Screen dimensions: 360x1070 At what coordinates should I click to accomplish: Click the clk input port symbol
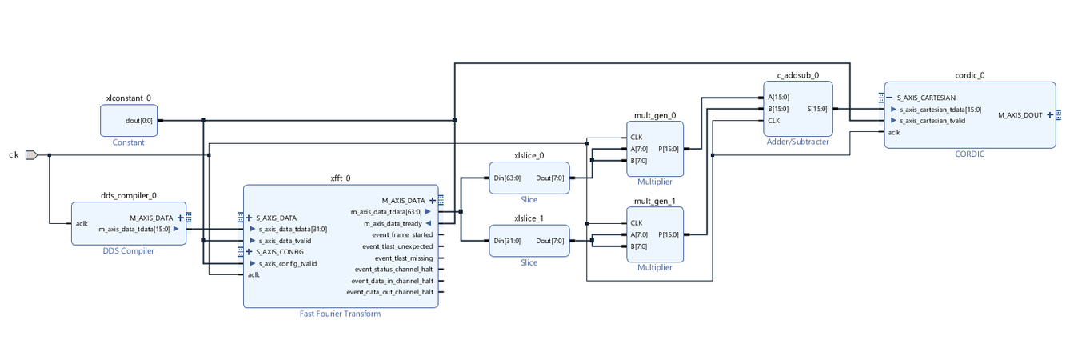(x=31, y=154)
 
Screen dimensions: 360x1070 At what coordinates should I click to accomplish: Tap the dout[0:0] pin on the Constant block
(x=139, y=121)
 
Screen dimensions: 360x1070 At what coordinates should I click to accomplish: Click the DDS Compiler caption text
(x=128, y=251)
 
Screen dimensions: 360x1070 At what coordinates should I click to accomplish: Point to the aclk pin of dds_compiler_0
(x=82, y=223)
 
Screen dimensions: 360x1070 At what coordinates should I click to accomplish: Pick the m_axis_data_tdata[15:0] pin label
(x=134, y=229)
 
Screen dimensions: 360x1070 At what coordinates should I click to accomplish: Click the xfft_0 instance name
(x=341, y=178)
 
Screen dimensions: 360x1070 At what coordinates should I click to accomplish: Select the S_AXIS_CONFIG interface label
(x=280, y=252)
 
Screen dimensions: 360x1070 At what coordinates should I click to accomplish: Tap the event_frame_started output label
(x=402, y=234)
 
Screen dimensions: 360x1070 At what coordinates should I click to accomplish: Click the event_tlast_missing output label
(x=404, y=258)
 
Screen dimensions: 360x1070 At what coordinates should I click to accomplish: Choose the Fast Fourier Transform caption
(x=340, y=314)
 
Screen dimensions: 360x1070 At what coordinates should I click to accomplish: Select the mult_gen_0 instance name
(x=654, y=115)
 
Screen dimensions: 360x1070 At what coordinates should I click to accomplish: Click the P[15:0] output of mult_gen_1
(x=669, y=234)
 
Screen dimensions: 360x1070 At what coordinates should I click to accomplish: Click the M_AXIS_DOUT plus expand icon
(x=1049, y=114)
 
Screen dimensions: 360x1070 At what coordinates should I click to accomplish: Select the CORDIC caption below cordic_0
(x=969, y=154)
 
